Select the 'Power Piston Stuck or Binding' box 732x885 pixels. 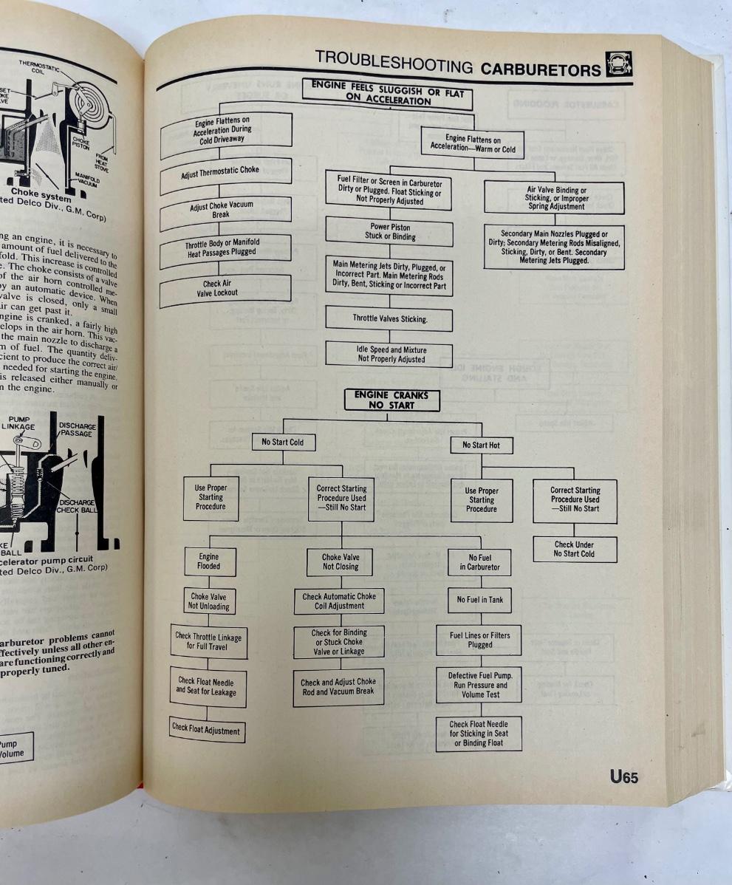(389, 233)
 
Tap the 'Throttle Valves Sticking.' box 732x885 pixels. (390, 319)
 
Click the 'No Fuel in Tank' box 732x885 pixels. (480, 600)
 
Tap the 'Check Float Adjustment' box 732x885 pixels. (206, 730)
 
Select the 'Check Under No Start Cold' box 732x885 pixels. (575, 550)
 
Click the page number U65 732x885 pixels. (623, 776)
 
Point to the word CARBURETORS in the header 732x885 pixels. (541, 69)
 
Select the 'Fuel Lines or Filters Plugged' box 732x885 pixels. (480, 640)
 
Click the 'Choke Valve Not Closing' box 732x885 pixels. (341, 561)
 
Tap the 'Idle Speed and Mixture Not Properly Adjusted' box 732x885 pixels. (391, 355)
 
